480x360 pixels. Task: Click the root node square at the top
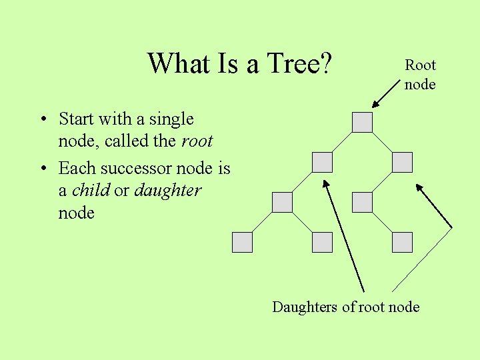[x=362, y=122]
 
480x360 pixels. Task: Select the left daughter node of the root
[x=322, y=162]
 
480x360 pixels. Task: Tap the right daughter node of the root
[x=403, y=162]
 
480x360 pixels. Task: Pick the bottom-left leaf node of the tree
[x=242, y=242]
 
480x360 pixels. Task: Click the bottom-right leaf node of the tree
[x=403, y=242]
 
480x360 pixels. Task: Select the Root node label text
[x=420, y=75]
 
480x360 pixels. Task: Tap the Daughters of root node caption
[x=345, y=307]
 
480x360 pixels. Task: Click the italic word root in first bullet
[x=197, y=141]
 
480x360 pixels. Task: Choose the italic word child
[x=90, y=190]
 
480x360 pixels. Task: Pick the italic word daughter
[x=167, y=191]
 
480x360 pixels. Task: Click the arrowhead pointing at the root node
[x=375, y=105]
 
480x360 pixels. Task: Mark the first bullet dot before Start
[x=42, y=120]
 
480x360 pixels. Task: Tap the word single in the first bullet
[x=171, y=119]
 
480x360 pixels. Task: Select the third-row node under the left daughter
[x=282, y=202]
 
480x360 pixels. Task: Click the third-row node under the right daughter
[x=362, y=202]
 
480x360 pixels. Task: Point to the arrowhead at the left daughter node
[x=326, y=182]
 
